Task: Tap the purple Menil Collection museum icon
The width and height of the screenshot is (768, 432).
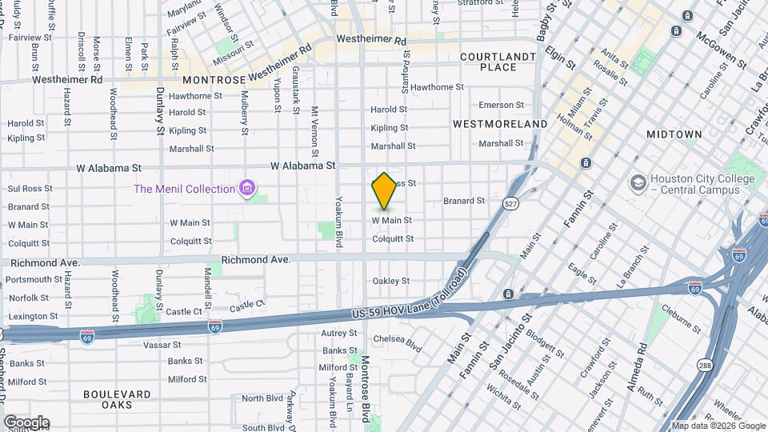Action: (x=248, y=189)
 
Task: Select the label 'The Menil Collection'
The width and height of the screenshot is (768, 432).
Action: (x=184, y=189)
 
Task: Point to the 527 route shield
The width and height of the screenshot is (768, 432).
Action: (x=510, y=204)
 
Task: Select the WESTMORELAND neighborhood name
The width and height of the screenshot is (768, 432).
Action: (x=500, y=124)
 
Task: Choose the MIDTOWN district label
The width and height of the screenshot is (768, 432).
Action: (x=674, y=134)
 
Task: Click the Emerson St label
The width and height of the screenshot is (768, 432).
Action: (x=500, y=105)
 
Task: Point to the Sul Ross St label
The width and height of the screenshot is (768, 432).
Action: (x=30, y=189)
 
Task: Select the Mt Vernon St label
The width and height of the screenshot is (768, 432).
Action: (x=314, y=132)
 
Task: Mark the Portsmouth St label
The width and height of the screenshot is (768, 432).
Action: (x=34, y=280)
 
